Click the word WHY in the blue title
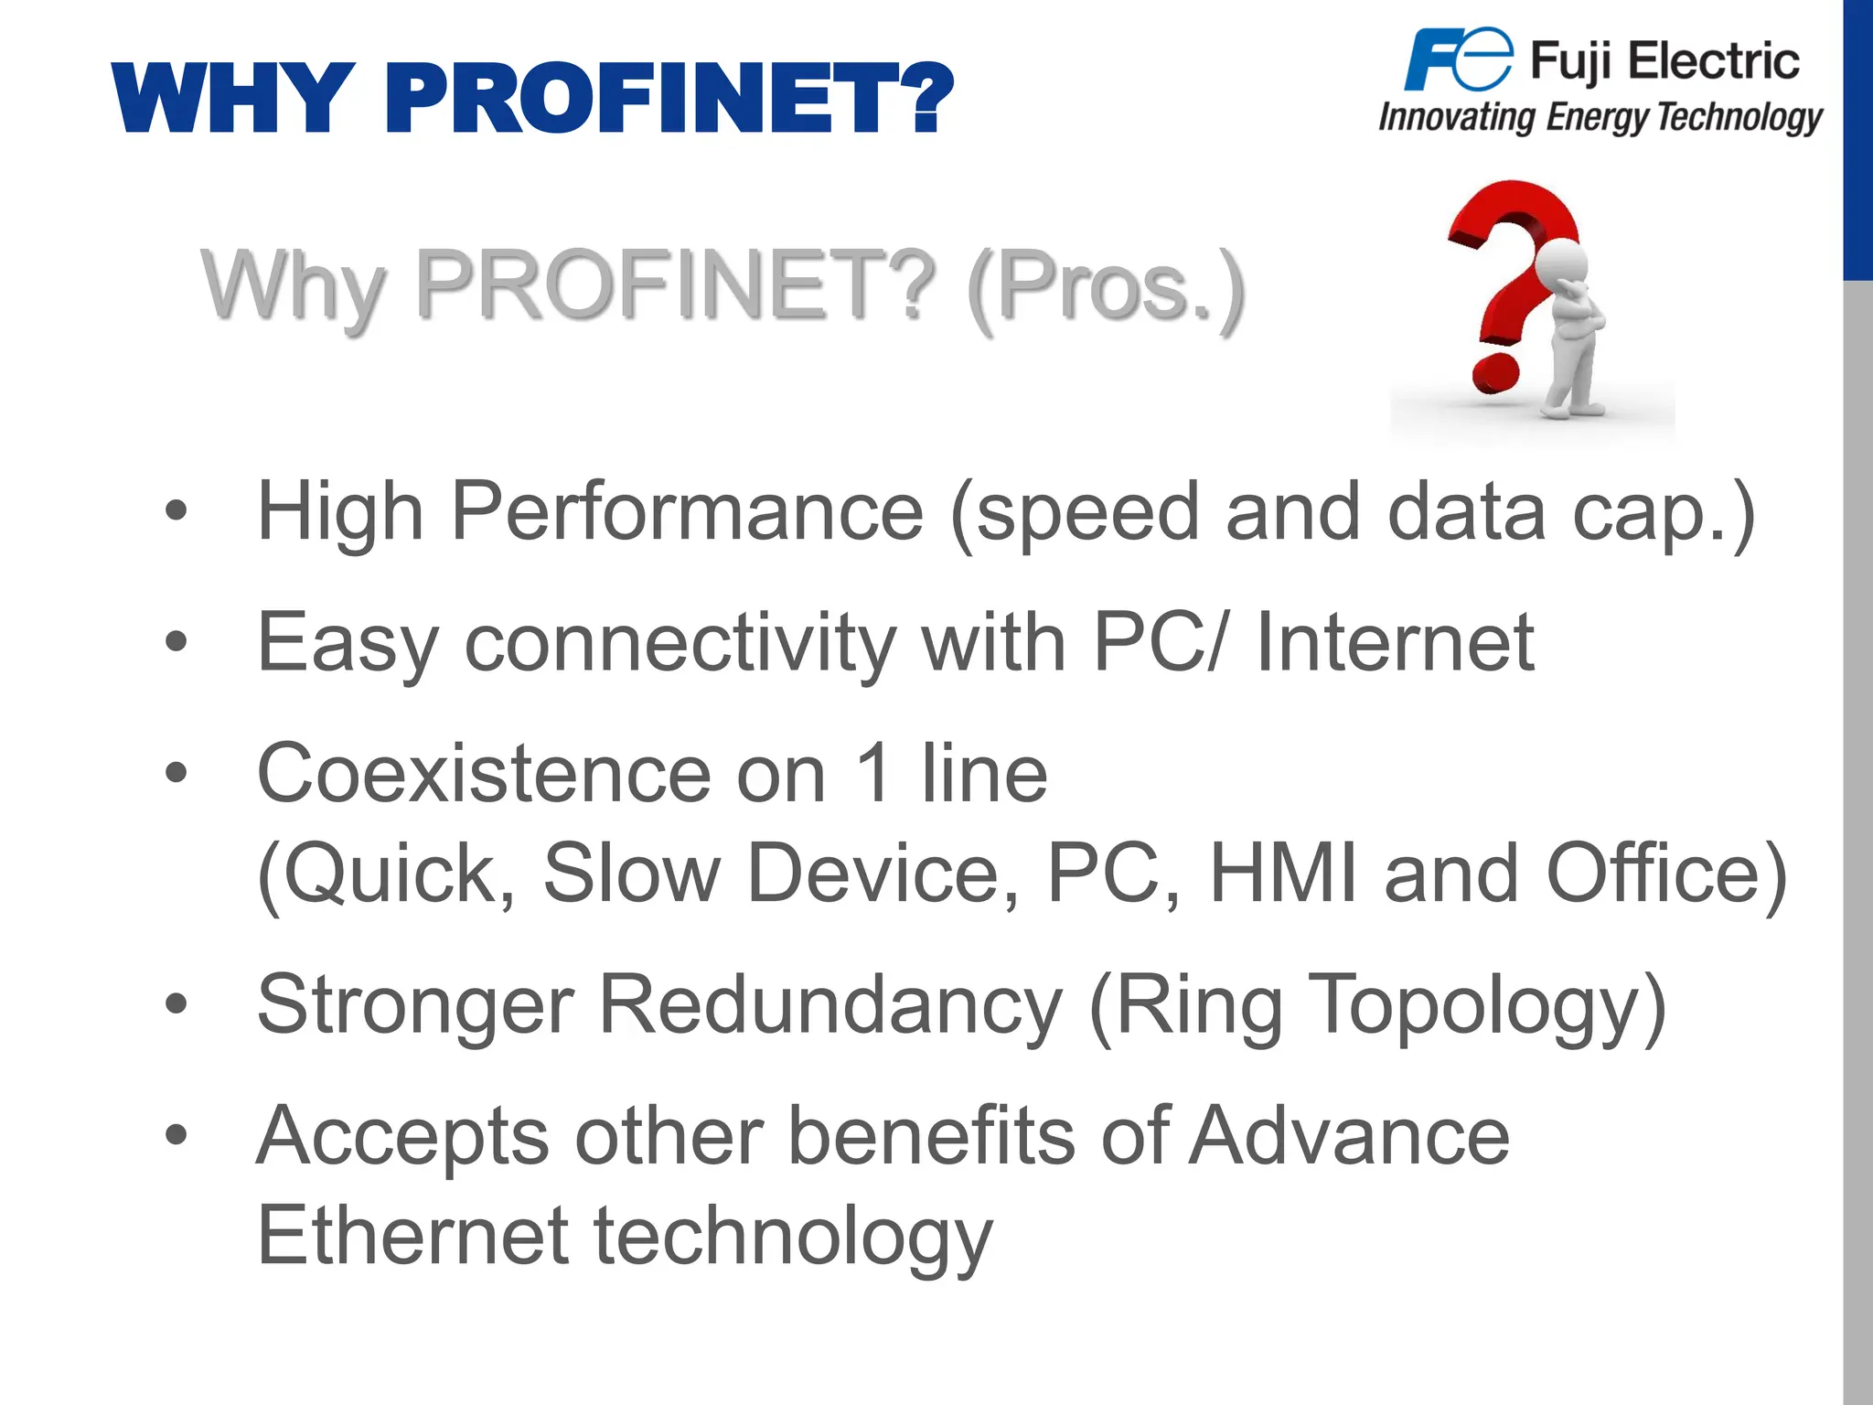233,99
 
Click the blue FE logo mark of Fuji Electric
1458,59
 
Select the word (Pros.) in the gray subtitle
1106,287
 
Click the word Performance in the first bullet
687,512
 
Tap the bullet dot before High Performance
176,510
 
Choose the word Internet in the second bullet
1395,643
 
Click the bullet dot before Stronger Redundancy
176,1004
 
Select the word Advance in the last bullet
1348,1137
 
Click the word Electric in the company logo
1714,62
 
